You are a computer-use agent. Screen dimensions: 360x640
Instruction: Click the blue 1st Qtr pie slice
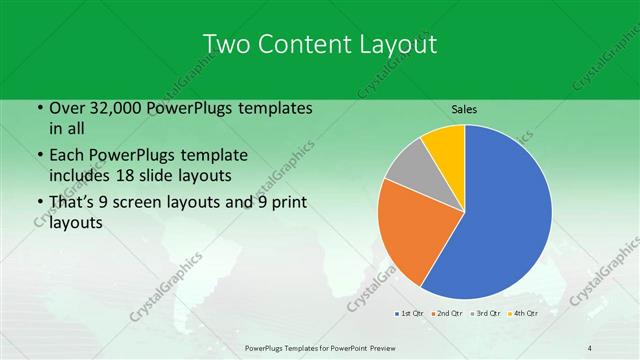[x=500, y=215]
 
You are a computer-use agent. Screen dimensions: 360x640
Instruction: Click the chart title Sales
[x=465, y=108]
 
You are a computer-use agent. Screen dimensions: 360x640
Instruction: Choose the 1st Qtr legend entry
[x=410, y=314]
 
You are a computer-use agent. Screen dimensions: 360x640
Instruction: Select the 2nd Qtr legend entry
[x=445, y=314]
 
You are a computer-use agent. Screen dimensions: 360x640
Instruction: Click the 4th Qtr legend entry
[x=524, y=314]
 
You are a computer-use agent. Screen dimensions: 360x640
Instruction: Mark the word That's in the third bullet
[x=73, y=203]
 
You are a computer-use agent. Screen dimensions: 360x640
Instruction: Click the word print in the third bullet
[x=287, y=203]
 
